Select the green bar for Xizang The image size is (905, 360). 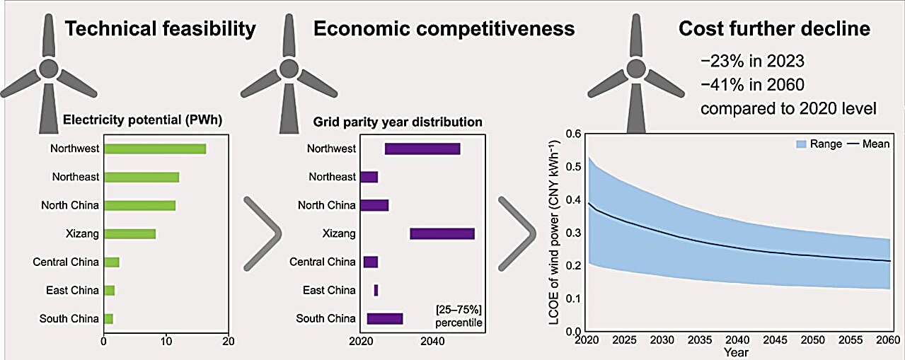130,233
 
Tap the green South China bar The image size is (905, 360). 108,319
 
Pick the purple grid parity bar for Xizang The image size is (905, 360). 442,233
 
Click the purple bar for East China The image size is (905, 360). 376,290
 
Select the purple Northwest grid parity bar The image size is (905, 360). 422,149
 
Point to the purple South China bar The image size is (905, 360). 385,319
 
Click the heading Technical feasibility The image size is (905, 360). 159,29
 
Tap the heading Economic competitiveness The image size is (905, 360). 444,29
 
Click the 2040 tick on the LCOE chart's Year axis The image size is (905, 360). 738,339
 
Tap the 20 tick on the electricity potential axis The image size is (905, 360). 228,341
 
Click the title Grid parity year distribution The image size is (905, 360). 398,122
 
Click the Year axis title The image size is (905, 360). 738,352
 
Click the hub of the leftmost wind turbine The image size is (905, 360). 47,69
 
